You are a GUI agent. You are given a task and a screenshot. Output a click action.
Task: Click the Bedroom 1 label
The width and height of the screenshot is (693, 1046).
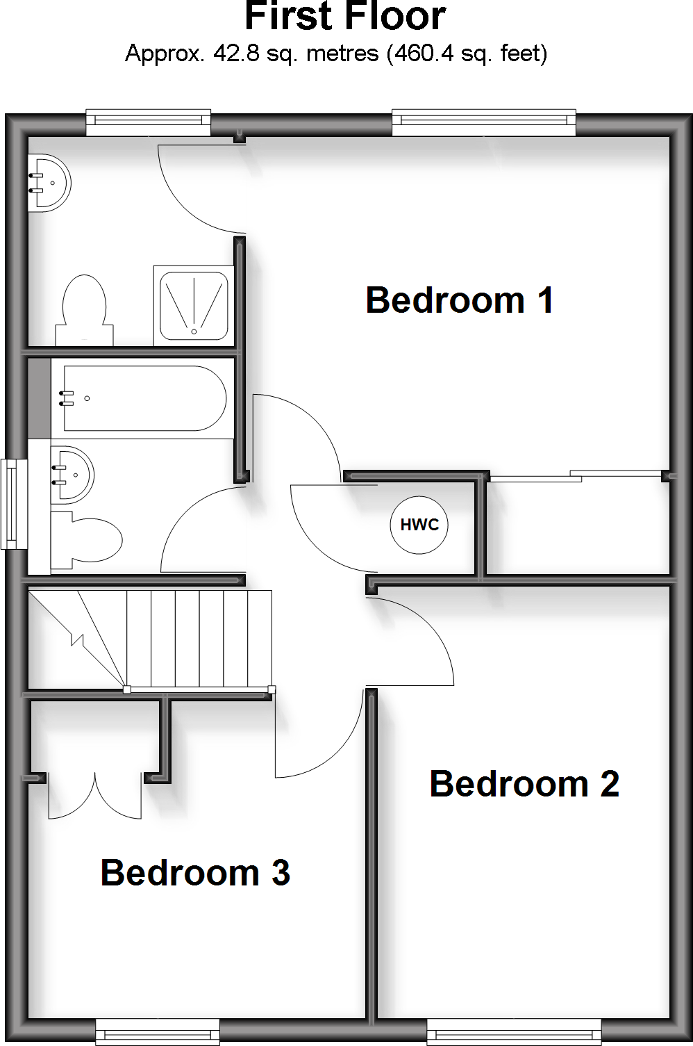[x=460, y=300]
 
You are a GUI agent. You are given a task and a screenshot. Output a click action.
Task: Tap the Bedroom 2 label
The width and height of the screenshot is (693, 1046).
[x=524, y=784]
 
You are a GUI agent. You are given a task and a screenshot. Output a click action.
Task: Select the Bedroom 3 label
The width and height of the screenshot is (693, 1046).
[x=195, y=873]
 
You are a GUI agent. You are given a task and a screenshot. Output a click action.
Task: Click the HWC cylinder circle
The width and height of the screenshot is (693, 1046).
[x=419, y=525]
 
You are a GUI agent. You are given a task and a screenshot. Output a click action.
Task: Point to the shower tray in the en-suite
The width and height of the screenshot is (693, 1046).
[x=194, y=304]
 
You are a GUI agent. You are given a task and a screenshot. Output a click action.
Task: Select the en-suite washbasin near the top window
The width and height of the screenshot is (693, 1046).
[x=49, y=182]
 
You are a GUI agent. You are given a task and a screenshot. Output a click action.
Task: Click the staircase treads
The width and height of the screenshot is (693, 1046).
[x=199, y=638]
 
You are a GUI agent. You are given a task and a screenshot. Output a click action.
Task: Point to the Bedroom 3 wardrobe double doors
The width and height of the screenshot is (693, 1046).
[x=94, y=796]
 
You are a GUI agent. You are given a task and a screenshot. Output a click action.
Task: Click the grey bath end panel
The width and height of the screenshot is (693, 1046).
[x=40, y=398]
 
